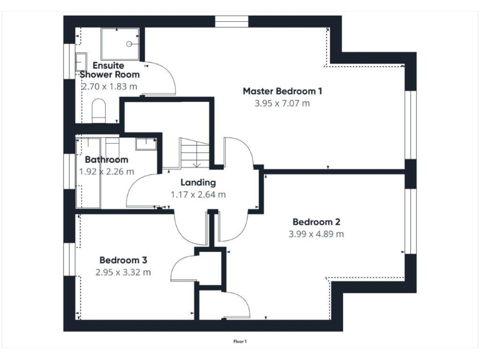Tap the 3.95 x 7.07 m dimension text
click(282, 103)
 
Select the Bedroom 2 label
click(316, 222)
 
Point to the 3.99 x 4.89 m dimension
click(316, 234)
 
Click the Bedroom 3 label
click(123, 260)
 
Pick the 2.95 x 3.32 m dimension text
click(123, 272)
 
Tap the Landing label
click(198, 182)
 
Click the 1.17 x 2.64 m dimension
click(198, 194)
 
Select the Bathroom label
click(107, 160)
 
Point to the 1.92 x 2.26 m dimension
click(107, 171)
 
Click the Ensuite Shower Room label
click(109, 70)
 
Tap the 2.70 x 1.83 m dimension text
click(109, 86)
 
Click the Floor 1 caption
click(240, 342)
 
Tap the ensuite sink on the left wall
click(81, 62)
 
